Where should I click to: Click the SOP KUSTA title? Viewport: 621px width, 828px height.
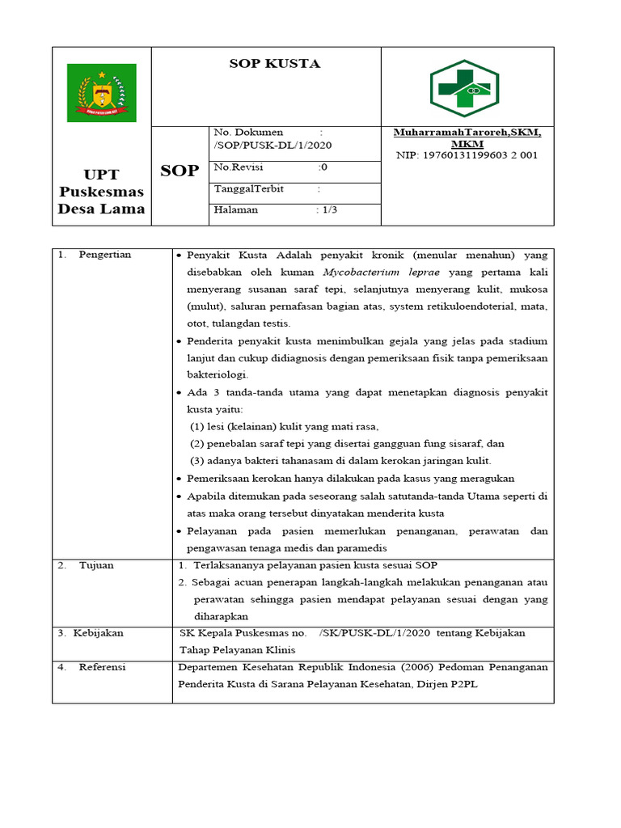[274, 64]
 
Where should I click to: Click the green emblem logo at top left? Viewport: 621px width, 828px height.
[101, 93]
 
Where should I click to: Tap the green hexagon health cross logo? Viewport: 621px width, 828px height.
[463, 88]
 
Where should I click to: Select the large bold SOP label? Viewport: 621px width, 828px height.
[180, 171]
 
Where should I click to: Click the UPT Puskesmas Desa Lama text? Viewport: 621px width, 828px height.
[102, 192]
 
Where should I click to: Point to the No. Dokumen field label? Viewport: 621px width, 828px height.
[248, 132]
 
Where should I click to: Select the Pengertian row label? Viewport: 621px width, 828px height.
[104, 255]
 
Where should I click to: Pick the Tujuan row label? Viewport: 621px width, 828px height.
[96, 565]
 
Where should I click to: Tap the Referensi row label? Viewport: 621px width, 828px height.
[102, 667]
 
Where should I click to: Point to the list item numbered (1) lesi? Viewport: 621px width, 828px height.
[284, 426]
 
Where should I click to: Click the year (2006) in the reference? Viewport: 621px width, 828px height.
[408, 667]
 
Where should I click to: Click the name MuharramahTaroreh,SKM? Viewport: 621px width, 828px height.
[467, 132]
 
